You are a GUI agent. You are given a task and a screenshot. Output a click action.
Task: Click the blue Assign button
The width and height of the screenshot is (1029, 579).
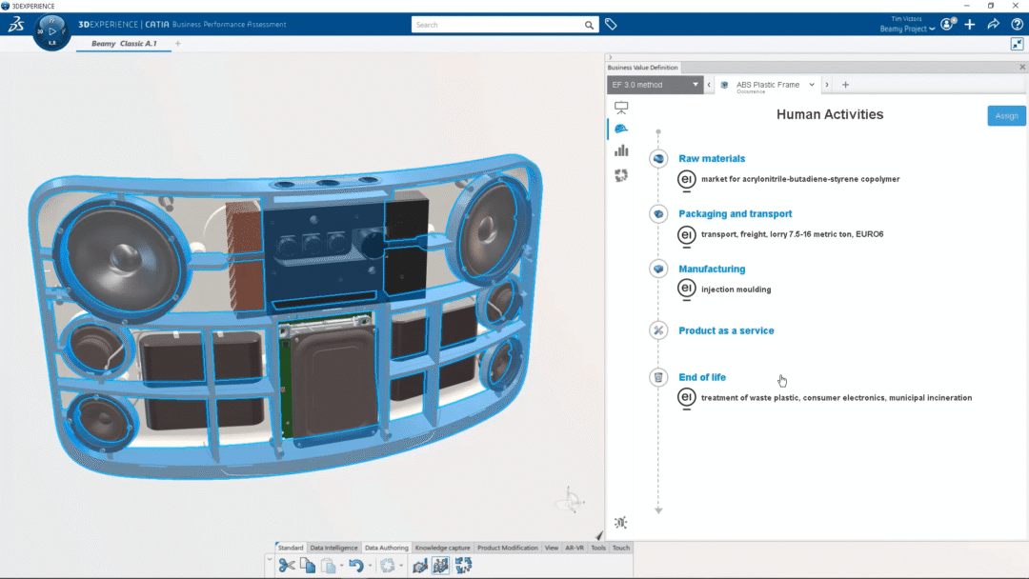[1006, 115]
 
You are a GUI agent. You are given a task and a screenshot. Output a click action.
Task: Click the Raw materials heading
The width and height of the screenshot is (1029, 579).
[712, 159]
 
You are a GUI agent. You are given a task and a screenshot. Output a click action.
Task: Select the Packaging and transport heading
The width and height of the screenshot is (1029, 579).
[735, 214]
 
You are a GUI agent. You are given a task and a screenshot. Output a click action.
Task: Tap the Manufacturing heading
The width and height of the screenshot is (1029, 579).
[712, 270]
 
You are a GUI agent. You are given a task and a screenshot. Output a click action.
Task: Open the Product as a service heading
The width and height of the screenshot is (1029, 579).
[726, 330]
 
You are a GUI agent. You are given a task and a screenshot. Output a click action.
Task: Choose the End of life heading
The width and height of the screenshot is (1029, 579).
[702, 377]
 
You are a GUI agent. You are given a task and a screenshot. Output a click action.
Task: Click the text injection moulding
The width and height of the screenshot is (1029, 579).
[736, 289]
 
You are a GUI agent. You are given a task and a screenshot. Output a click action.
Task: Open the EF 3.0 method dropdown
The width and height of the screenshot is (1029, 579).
[655, 85]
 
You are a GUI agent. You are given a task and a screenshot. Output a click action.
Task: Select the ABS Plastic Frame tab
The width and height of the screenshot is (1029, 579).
[768, 85]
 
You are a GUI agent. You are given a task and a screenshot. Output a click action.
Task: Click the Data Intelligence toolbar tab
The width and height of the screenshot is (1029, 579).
[334, 548]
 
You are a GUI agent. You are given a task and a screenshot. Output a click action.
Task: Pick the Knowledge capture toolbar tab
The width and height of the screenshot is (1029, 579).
[443, 548]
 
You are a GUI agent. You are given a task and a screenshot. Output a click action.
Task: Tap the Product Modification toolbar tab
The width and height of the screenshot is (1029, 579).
[508, 548]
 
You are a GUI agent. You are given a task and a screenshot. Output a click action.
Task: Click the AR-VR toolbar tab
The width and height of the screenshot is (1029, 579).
[575, 548]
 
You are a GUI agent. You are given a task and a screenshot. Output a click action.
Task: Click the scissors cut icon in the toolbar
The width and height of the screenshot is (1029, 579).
[286, 566]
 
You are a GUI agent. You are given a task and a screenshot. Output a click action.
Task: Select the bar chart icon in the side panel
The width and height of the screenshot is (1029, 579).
[621, 150]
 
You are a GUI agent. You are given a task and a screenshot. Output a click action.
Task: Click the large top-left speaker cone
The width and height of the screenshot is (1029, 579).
[121, 254]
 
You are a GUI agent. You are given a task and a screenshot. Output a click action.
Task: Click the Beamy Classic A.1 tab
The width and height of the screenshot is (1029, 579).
[124, 44]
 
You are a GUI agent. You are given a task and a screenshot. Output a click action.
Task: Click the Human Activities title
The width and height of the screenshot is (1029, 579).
[830, 114]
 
